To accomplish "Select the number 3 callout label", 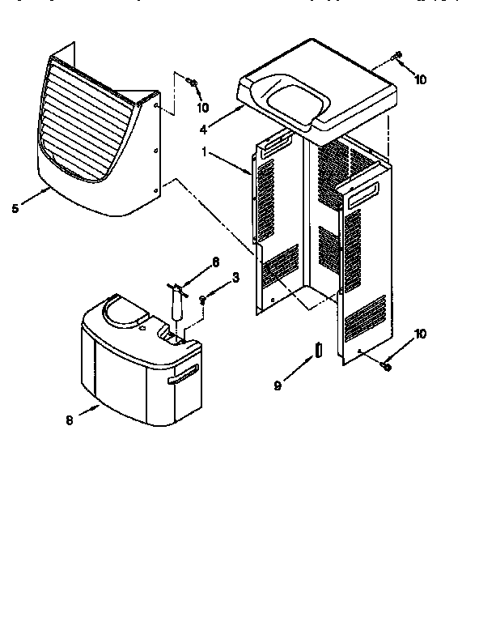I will (235, 277).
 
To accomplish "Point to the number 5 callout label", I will (15, 207).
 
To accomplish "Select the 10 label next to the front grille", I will (201, 107).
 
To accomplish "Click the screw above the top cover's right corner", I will (397, 57).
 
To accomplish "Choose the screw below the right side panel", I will (386, 367).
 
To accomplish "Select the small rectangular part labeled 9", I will (318, 350).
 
